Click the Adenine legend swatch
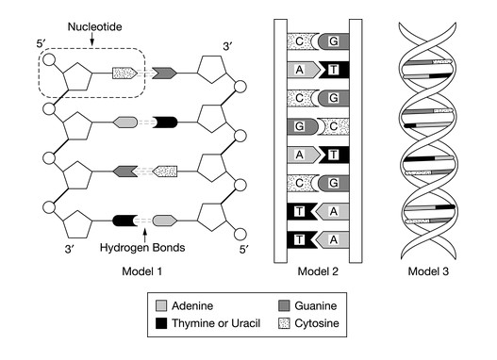[x=162, y=306]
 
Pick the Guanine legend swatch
[x=286, y=306]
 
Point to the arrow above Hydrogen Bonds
[x=142, y=232]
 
